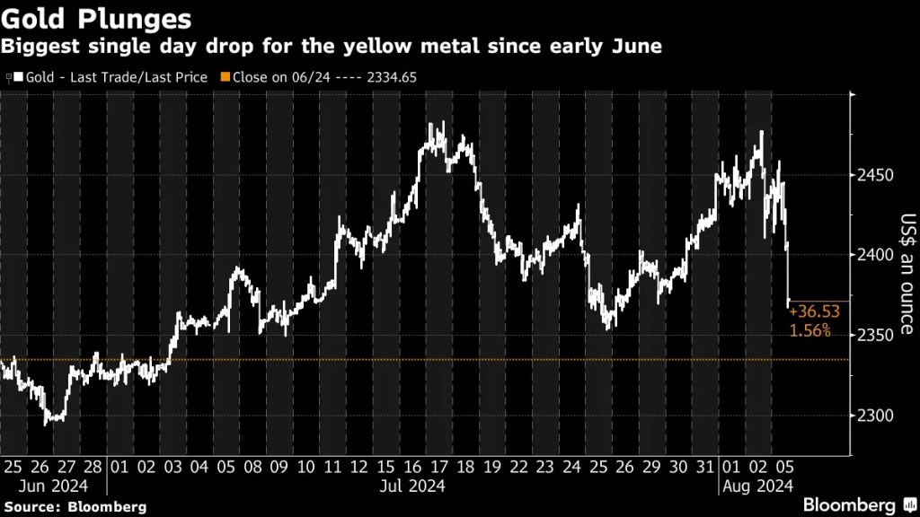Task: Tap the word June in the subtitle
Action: click(x=636, y=46)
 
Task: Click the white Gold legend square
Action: click(x=19, y=77)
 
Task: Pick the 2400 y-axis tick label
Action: click(x=873, y=255)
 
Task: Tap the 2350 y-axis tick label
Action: click(x=873, y=335)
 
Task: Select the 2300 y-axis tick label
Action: click(x=873, y=416)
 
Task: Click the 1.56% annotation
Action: click(x=809, y=331)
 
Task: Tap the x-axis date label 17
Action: click(x=438, y=468)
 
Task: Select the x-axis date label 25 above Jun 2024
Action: click(x=13, y=468)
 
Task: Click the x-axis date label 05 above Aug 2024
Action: click(x=785, y=468)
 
